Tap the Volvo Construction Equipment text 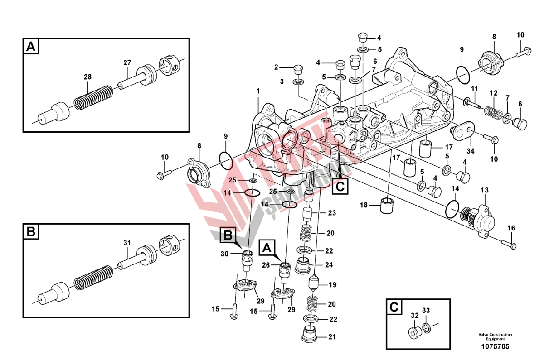click(495, 337)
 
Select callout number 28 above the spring click(87, 77)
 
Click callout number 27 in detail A click(127, 62)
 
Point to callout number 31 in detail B click(127, 243)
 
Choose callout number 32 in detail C click(414, 316)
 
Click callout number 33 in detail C click(426, 310)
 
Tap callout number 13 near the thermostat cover click(485, 190)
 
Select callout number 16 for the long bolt click(511, 228)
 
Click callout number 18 click(364, 205)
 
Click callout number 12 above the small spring click(494, 93)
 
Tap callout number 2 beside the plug click(276, 67)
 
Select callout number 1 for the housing click(258, 91)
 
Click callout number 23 click(332, 213)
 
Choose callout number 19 click(333, 285)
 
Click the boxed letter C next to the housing click(340, 186)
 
